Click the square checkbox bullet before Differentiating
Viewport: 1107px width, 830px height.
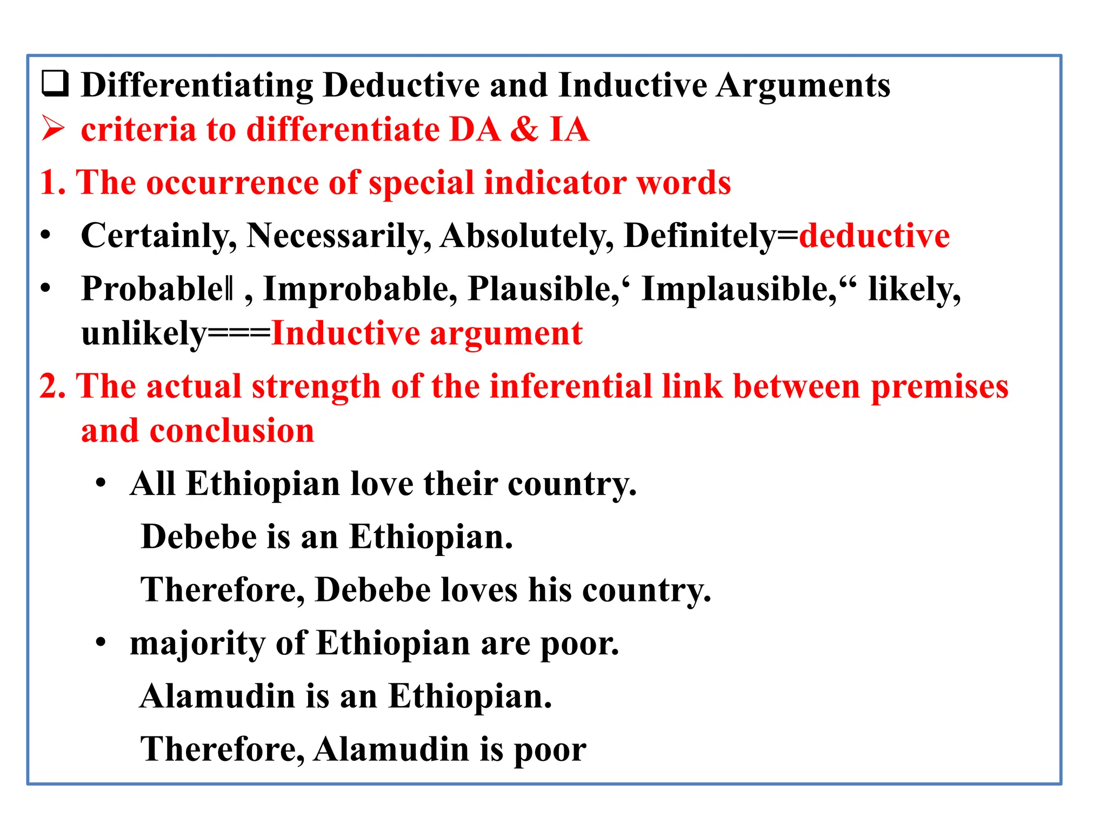point(55,84)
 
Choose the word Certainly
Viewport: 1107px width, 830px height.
point(158,236)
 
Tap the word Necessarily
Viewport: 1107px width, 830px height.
point(338,236)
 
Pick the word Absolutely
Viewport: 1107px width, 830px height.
point(527,236)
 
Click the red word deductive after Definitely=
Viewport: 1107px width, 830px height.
point(874,236)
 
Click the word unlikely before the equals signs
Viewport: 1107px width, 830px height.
point(144,333)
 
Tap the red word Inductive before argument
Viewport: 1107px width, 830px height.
point(346,333)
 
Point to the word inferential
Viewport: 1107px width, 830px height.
point(571,386)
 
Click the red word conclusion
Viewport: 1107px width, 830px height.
point(231,431)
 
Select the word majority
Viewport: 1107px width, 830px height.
point(197,644)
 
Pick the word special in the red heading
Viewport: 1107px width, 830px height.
point(421,183)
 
